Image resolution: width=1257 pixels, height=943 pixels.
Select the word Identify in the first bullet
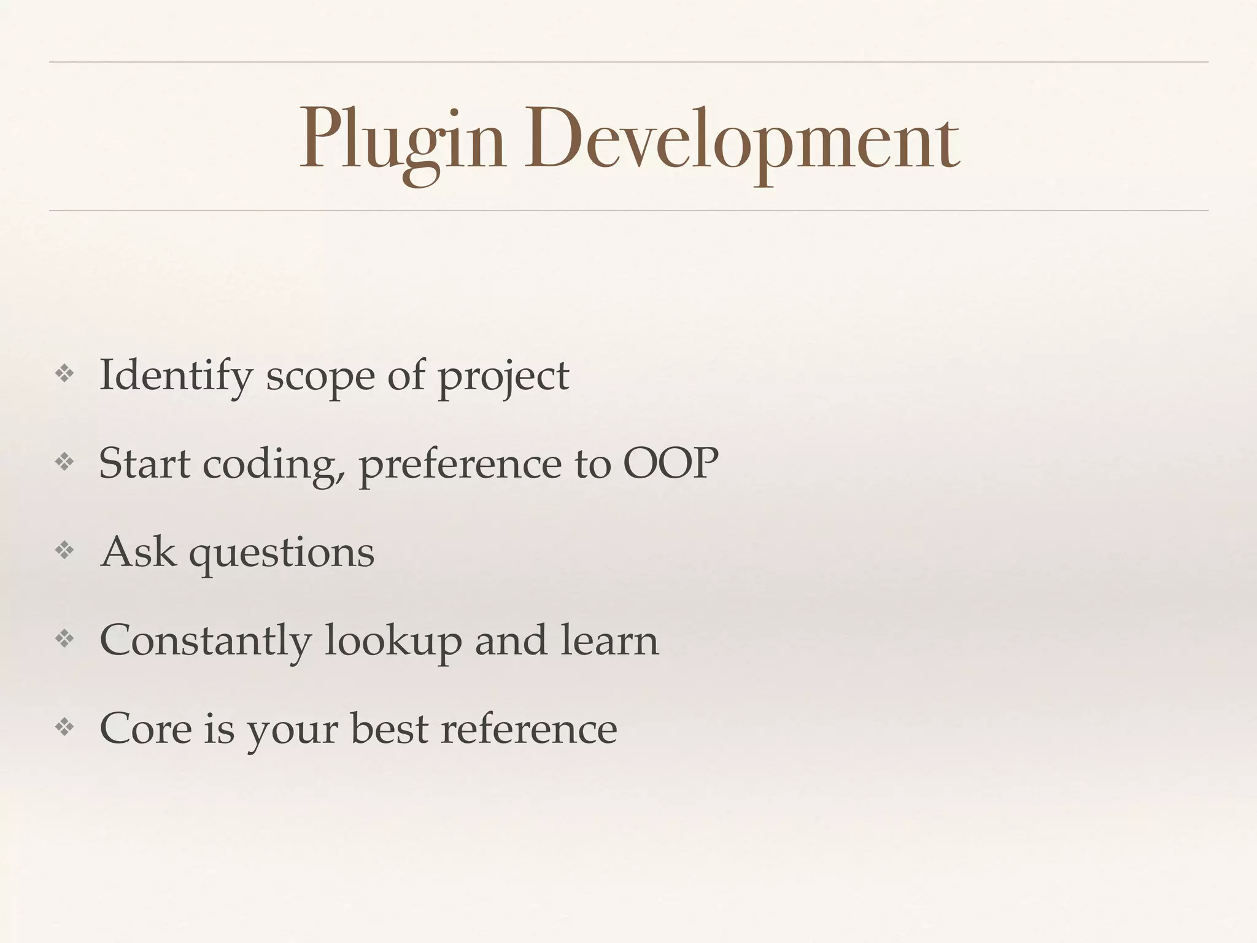[x=176, y=375]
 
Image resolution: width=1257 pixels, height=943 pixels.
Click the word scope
[x=319, y=376]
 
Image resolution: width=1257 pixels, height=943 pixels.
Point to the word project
[x=503, y=376]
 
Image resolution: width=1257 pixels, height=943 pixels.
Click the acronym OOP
[x=670, y=464]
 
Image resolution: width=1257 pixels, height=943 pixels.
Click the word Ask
[x=138, y=551]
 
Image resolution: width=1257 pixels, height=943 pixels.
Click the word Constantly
[x=205, y=640]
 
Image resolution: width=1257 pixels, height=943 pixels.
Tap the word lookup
[x=393, y=640]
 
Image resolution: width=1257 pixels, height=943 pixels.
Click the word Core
[x=145, y=729]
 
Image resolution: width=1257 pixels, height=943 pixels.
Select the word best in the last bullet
[x=389, y=729]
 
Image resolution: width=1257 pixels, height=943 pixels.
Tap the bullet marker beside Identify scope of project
[x=64, y=374]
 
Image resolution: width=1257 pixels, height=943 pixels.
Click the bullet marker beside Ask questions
[x=64, y=551]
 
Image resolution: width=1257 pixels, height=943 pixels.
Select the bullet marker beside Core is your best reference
[x=64, y=728]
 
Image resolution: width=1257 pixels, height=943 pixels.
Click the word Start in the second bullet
[x=144, y=464]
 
